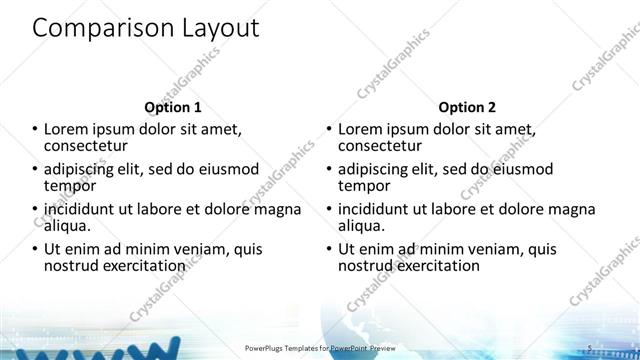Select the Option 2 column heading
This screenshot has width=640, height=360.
coord(466,107)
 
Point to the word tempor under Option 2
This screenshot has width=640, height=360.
coord(365,186)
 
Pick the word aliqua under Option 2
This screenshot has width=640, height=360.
coord(362,226)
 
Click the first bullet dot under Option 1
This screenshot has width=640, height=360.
coord(36,130)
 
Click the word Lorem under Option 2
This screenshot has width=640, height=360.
coord(361,129)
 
